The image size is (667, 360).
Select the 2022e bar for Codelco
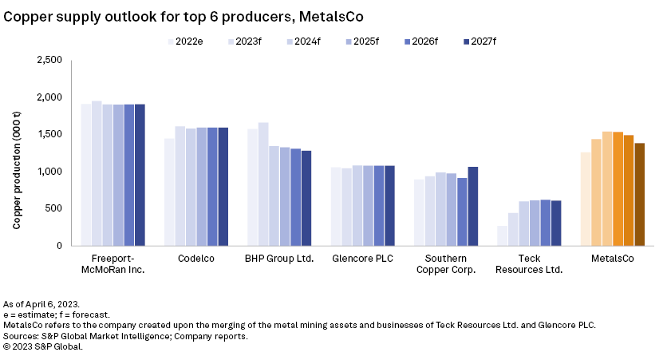(169, 192)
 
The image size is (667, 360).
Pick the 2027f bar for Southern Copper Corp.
(473, 206)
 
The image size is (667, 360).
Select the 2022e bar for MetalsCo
(586, 199)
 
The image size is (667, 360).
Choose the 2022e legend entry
(188, 41)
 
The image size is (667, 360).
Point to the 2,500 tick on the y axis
(49, 60)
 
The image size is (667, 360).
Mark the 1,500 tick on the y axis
(49, 134)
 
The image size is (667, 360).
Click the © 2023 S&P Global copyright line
(43, 346)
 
